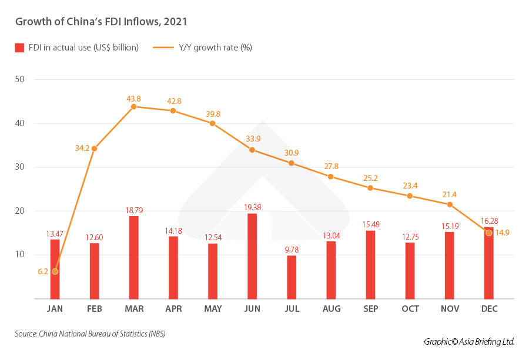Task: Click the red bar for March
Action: (x=133, y=257)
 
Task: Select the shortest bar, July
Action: (x=292, y=277)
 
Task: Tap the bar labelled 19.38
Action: (x=252, y=256)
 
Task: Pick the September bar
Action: (x=370, y=264)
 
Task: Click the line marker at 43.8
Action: (x=133, y=106)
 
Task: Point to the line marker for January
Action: (x=55, y=271)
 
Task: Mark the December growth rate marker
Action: (x=488, y=233)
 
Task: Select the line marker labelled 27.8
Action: (x=331, y=176)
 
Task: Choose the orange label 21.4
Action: (x=450, y=194)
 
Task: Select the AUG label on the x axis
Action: (x=331, y=309)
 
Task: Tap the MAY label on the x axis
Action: (x=212, y=309)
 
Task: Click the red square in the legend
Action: (x=19, y=48)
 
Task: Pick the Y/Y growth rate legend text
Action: (x=215, y=48)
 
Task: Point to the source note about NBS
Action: (x=90, y=334)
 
